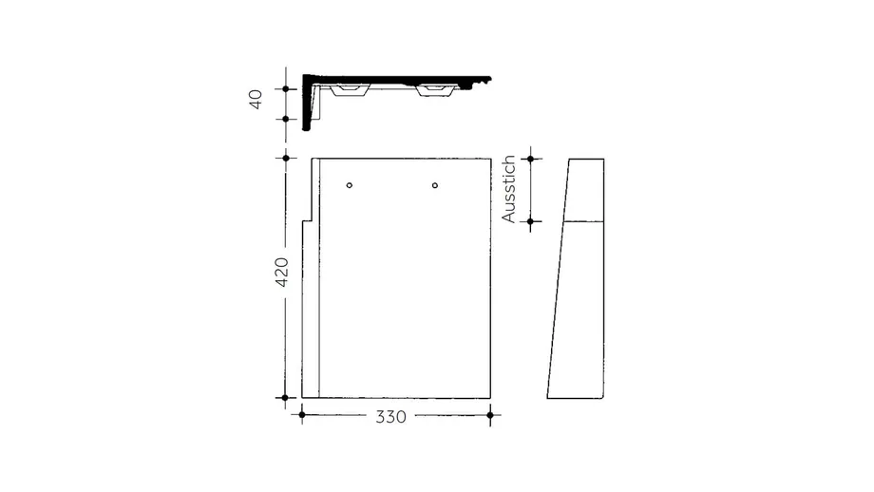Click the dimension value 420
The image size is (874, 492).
coord(282,272)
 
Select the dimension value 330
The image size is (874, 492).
coord(390,417)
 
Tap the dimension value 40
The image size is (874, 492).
coord(256,99)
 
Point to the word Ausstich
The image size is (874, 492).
coord(508,189)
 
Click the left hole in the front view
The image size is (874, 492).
coord(350,185)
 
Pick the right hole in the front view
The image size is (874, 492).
coord(435,185)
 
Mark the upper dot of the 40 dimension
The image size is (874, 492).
coord(286,88)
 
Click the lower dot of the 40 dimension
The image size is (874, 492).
coord(286,119)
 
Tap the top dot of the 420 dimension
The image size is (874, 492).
coord(286,159)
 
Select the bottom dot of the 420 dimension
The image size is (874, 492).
coord(285,398)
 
